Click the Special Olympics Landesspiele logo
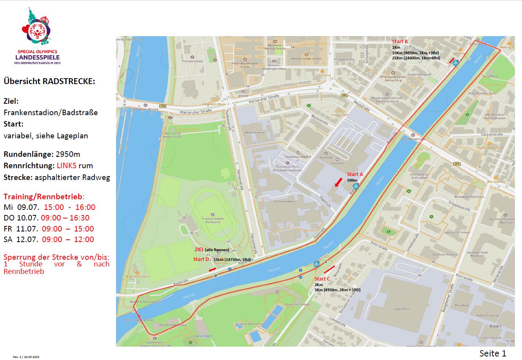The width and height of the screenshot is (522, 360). pos(37,35)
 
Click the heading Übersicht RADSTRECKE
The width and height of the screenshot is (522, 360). pos(49,81)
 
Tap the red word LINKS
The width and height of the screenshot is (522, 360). pos(69,165)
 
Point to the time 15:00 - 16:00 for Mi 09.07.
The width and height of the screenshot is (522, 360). pos(69,207)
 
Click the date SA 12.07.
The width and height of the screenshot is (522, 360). pos(21,239)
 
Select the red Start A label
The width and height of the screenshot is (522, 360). pos(355,174)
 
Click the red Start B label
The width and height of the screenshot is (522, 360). pos(400,42)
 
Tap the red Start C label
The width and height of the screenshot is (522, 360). pos(322,279)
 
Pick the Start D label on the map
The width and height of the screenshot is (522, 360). pos(201,259)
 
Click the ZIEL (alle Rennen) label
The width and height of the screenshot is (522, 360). pos(212,250)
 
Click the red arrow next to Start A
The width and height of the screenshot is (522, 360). pos(338,182)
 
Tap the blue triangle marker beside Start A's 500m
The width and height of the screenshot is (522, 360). pos(356,186)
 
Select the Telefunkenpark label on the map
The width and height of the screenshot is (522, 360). pos(284,201)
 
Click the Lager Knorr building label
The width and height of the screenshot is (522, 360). pos(402,309)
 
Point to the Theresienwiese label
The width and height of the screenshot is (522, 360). pos(192,61)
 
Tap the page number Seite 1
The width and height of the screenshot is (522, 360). pos(492,353)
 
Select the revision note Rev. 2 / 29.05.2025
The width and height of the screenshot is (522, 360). pos(26,357)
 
